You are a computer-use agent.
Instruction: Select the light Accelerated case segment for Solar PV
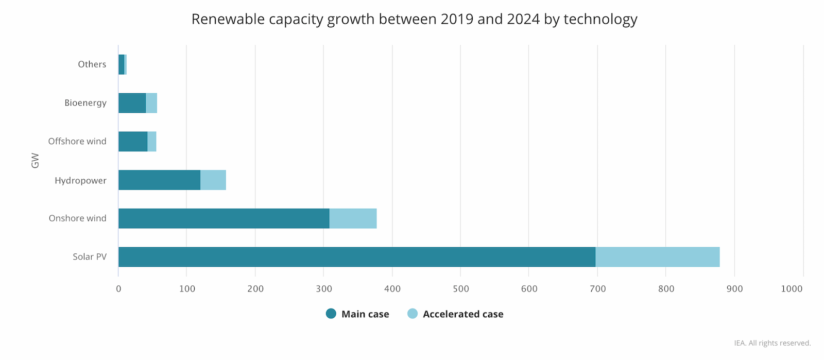[x=657, y=257]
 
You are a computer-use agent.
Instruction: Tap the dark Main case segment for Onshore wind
[x=224, y=218]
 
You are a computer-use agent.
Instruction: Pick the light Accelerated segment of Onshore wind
[x=353, y=218]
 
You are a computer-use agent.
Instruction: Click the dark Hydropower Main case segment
[x=160, y=180]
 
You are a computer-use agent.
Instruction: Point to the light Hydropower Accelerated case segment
[x=213, y=180]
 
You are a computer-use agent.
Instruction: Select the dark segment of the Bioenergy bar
[x=132, y=103]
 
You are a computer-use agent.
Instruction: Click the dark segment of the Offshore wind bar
[x=133, y=142]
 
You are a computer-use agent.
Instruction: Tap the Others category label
[x=92, y=64]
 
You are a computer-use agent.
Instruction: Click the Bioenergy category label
[x=85, y=103]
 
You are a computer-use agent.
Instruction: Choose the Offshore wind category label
[x=77, y=142]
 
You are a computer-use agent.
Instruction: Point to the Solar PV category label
[x=90, y=257]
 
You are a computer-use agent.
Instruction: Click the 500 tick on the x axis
[x=461, y=289]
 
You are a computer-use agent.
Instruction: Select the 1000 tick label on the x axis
[x=792, y=289]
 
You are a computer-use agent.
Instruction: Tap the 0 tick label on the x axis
[x=118, y=289]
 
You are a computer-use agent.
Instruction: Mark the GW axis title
[x=35, y=160]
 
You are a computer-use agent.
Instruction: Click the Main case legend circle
[x=331, y=314]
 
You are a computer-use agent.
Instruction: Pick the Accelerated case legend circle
[x=413, y=314]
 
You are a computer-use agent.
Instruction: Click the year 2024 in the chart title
[x=523, y=19]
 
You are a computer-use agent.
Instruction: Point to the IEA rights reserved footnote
[x=772, y=343]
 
